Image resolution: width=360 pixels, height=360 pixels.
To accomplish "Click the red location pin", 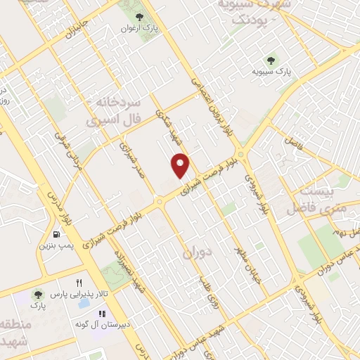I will pos(181,165).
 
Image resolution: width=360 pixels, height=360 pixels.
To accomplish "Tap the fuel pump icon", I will pos(56,234).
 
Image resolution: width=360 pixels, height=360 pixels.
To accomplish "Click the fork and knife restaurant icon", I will pos(79,282).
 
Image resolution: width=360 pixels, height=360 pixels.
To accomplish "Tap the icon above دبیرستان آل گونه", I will pos(101,314).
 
